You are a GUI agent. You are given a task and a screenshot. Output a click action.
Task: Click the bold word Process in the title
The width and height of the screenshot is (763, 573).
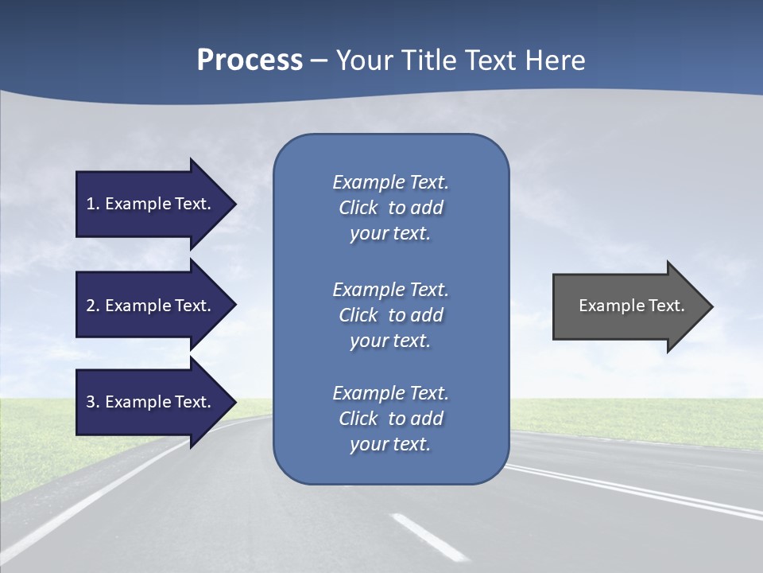tap(250, 60)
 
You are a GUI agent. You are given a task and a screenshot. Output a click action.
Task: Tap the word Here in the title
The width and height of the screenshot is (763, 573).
tap(556, 60)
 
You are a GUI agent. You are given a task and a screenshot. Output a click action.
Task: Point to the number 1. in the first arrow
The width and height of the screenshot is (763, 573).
tap(93, 204)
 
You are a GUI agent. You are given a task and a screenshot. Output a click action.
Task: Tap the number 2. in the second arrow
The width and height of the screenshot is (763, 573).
tap(93, 306)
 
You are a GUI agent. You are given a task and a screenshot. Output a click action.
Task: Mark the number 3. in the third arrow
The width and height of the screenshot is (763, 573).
tap(93, 402)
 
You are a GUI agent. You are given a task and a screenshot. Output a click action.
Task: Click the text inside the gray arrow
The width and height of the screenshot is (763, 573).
tap(632, 306)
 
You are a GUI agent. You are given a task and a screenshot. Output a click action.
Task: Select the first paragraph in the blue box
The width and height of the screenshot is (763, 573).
tap(390, 208)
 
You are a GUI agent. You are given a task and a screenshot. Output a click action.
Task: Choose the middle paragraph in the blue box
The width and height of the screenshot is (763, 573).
tap(390, 315)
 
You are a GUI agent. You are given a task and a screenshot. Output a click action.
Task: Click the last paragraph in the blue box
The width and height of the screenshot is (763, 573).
tap(390, 419)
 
